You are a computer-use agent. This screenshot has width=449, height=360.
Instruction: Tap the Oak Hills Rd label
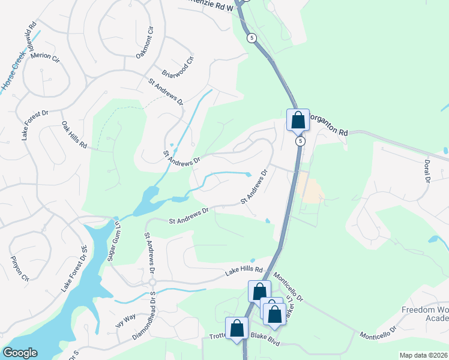tap(74, 136)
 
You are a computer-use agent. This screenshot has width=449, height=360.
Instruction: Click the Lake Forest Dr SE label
tap(74, 269)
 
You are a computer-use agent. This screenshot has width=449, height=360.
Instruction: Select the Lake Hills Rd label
tap(244, 271)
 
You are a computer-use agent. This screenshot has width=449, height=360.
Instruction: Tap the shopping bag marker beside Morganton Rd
tap(298, 120)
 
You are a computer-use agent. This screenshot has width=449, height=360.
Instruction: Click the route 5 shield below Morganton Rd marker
tap(300, 142)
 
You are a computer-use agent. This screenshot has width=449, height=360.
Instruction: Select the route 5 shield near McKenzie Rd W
tap(252, 38)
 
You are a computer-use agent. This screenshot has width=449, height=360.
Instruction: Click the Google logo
tap(20, 353)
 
